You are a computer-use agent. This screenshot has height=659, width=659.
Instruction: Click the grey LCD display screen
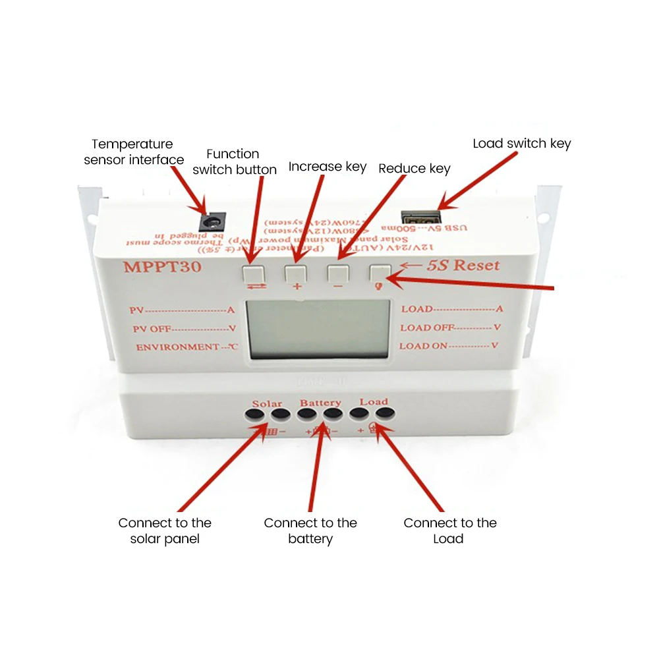coord(317,330)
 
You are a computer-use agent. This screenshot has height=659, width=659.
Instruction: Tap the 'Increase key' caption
coord(327,167)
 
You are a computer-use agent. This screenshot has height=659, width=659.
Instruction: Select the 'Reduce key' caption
coord(415,169)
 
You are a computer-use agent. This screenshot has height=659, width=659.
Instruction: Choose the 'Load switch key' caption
coord(522,143)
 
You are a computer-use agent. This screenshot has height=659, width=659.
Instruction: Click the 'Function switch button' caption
coord(234,161)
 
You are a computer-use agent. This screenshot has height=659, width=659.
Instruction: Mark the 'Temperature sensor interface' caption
coord(133,152)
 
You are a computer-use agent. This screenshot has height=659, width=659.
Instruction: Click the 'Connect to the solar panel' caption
coord(165,530)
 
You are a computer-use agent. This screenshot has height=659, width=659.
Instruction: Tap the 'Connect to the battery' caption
coord(310,530)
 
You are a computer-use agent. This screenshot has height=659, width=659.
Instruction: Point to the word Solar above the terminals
coord(267,403)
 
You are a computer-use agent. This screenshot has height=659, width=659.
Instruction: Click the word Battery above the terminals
coord(320,403)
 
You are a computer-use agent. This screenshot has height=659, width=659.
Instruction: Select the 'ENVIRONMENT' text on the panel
coord(177,347)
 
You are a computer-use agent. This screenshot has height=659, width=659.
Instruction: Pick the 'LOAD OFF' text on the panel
coord(425,328)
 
